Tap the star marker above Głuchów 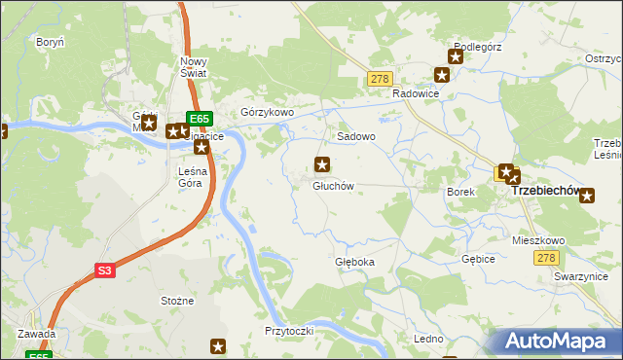(320, 163)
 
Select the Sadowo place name (356, 137)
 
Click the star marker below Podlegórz (442, 75)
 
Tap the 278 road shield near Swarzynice (546, 257)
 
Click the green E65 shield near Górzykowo (200, 119)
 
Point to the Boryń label (50, 43)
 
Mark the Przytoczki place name (288, 331)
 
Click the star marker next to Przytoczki (219, 346)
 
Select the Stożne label (177, 302)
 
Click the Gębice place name (479, 260)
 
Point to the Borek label (460, 192)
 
